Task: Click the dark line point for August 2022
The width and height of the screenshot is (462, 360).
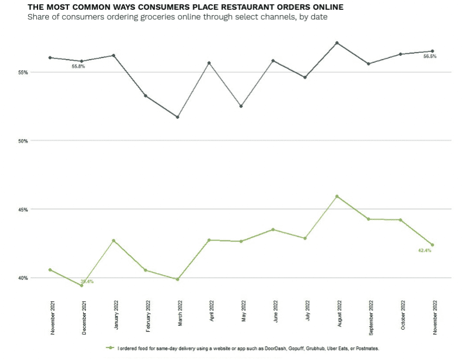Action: click(338, 42)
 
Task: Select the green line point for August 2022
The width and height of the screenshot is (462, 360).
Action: click(338, 196)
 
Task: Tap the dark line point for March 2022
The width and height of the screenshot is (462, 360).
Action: click(178, 117)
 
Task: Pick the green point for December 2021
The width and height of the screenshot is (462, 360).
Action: click(82, 285)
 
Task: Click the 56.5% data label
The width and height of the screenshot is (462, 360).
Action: click(429, 56)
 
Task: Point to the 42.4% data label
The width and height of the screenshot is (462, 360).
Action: click(424, 250)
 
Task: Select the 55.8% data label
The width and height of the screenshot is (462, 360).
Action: click(78, 66)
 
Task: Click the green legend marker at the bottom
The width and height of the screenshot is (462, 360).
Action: click(111, 348)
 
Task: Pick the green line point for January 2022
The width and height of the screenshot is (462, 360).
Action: click(114, 241)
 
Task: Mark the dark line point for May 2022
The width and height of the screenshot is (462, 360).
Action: click(241, 106)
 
